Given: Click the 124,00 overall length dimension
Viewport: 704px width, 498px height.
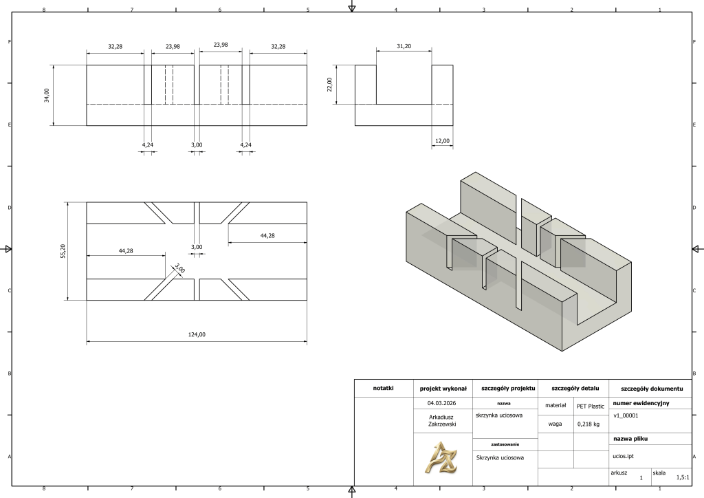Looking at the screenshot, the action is pyautogui.click(x=197, y=334).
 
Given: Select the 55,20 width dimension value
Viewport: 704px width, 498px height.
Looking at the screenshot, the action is pyautogui.click(x=63, y=251).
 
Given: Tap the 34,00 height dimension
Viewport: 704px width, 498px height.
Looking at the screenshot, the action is pyautogui.click(x=47, y=95).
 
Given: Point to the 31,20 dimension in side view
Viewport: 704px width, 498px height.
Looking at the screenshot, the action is pyautogui.click(x=404, y=46).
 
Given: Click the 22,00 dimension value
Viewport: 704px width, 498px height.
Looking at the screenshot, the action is pyautogui.click(x=329, y=85).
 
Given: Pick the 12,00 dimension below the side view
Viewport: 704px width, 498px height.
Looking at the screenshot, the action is pyautogui.click(x=442, y=141).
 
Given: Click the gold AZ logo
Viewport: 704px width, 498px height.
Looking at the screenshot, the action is pyautogui.click(x=441, y=457).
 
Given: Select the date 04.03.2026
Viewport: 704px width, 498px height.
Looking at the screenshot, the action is pyautogui.click(x=442, y=403).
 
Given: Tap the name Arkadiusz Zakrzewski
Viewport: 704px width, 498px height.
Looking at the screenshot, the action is pyautogui.click(x=442, y=420).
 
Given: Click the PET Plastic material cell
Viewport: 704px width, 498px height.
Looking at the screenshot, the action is pyautogui.click(x=591, y=407).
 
